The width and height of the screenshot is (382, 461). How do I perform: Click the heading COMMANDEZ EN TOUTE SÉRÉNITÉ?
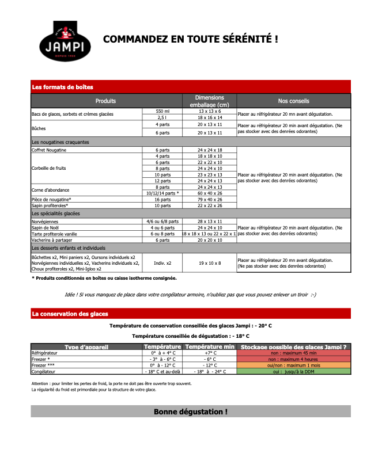tap(190, 39)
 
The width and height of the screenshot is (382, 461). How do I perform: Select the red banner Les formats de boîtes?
tap(191, 87)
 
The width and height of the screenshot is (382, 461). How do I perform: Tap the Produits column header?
tap(106, 101)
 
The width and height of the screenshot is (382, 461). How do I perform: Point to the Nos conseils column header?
tap(293, 101)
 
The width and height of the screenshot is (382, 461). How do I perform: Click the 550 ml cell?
tap(162, 111)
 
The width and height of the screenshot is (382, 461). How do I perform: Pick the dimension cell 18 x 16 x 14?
tap(210, 117)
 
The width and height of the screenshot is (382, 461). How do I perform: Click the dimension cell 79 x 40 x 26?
tap(210, 199)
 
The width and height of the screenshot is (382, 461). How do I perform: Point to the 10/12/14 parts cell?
tap(162, 193)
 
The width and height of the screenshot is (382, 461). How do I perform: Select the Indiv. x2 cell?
tap(162, 263)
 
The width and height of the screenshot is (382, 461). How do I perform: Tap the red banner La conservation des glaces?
tap(191, 314)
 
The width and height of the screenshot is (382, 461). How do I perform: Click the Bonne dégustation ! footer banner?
tap(191, 412)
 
